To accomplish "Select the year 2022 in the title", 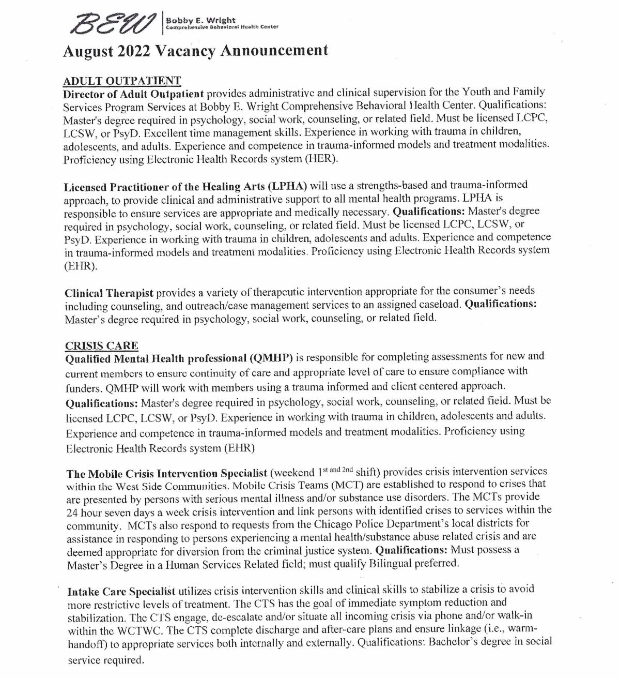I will pyautogui.click(x=136, y=50).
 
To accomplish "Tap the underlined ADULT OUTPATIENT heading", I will pyautogui.click(x=121, y=81).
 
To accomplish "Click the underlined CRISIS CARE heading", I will pyautogui.click(x=102, y=345).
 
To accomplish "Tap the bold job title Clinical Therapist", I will pyautogui.click(x=109, y=292).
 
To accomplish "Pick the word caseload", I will pyautogui.click(x=441, y=305).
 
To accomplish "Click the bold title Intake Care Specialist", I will pyautogui.click(x=121, y=591).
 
